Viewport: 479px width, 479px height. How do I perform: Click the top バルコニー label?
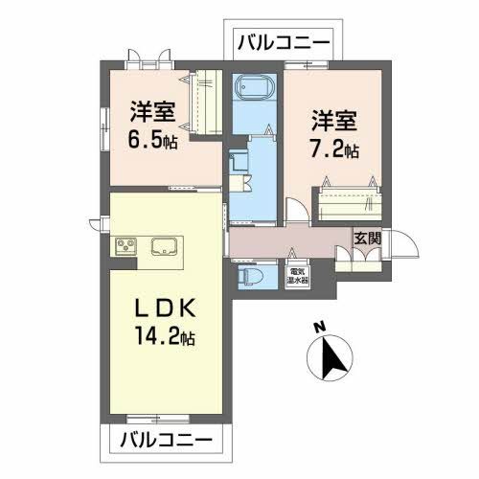pos(283,43)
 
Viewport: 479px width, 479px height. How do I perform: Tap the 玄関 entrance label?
pos(365,239)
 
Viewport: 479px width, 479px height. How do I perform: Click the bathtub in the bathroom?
pos(254,89)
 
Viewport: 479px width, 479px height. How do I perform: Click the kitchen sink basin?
pos(164,247)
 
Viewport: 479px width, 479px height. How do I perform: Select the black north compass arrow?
pos(331,356)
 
